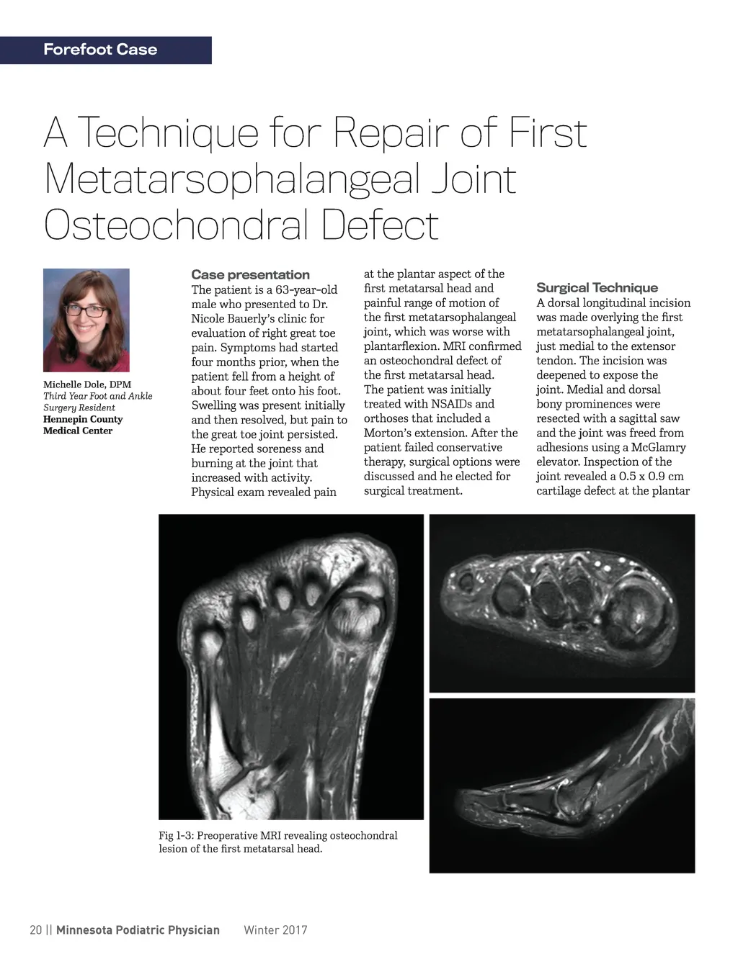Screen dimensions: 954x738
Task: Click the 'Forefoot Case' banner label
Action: (x=100, y=50)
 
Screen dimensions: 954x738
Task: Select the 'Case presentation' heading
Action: (x=250, y=274)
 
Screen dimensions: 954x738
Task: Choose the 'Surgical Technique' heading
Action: (x=597, y=288)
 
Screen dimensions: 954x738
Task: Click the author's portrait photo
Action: (x=86, y=320)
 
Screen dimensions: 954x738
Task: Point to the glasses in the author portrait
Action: (x=86, y=311)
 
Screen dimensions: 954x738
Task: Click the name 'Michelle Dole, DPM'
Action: (x=87, y=384)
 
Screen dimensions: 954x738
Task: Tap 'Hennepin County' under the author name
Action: (x=83, y=419)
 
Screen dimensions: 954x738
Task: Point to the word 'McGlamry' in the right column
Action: (x=658, y=447)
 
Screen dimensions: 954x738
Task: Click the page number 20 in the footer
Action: (x=35, y=930)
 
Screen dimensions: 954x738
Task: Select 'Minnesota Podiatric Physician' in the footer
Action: (x=138, y=930)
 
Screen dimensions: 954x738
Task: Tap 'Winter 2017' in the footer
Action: (x=275, y=930)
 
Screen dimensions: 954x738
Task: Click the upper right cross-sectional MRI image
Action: (x=562, y=603)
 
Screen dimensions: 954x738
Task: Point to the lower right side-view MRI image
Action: (x=562, y=785)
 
